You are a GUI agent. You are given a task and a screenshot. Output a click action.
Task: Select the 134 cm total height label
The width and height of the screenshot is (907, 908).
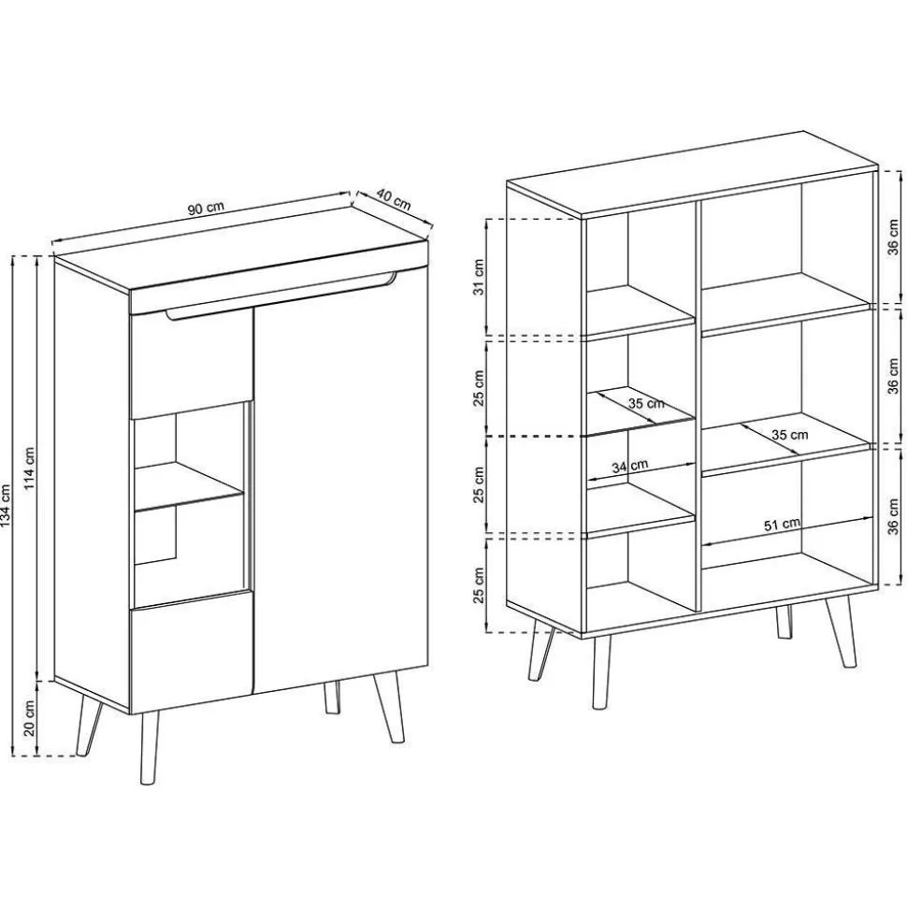click(7, 505)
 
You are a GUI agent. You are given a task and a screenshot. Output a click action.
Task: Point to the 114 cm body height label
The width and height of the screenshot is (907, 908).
click(31, 467)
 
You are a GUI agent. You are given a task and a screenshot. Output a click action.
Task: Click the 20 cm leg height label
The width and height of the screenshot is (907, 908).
click(31, 717)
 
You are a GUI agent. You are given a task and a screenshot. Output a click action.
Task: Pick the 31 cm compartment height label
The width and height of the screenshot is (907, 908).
click(479, 276)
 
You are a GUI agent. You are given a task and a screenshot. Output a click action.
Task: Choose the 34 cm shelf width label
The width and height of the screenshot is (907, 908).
click(630, 466)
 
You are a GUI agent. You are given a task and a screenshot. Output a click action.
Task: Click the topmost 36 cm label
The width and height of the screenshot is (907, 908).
click(894, 237)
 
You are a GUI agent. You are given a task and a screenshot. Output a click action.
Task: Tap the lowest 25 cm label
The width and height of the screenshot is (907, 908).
click(479, 584)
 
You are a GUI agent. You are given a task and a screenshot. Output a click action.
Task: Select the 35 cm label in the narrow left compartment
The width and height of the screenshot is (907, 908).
click(646, 402)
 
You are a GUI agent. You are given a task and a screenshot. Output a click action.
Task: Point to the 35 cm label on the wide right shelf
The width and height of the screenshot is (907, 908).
click(789, 434)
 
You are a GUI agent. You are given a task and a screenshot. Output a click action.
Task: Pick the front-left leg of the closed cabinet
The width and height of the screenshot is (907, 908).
click(150, 749)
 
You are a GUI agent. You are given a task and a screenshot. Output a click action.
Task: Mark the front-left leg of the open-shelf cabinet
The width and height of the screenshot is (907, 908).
click(602, 673)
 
